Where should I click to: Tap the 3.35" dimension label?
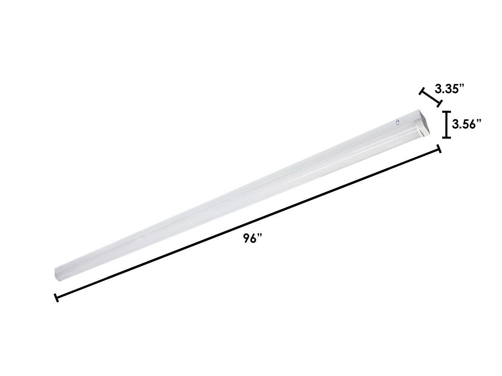click(x=450, y=89)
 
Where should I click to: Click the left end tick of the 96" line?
click(x=56, y=297)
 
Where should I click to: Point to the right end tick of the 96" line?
click(x=439, y=149)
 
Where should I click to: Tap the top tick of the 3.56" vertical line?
click(x=447, y=112)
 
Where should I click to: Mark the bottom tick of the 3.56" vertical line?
click(x=447, y=137)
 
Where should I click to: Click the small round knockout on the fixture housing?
click(x=397, y=122)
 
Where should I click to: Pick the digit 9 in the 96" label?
click(x=246, y=239)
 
